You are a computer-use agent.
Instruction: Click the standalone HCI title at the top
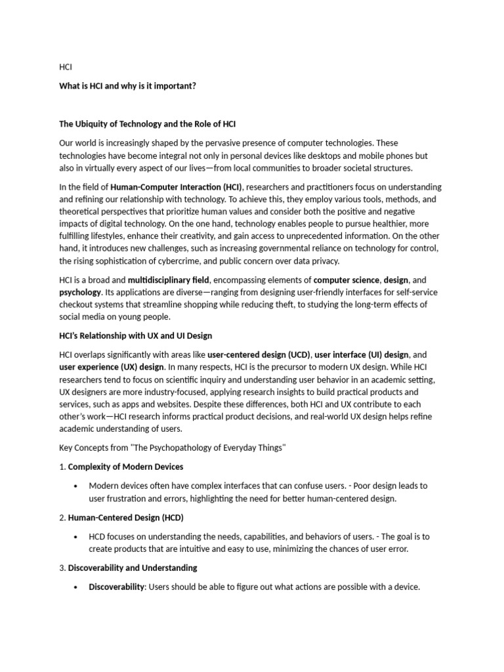click(66, 67)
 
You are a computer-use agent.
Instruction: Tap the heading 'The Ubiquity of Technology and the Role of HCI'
click(148, 125)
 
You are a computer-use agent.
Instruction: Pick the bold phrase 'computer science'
click(346, 280)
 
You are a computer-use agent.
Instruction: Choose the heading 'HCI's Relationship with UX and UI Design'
click(135, 336)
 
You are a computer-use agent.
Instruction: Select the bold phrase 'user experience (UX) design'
click(112, 367)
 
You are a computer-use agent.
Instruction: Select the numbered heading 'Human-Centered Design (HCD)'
click(127, 518)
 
